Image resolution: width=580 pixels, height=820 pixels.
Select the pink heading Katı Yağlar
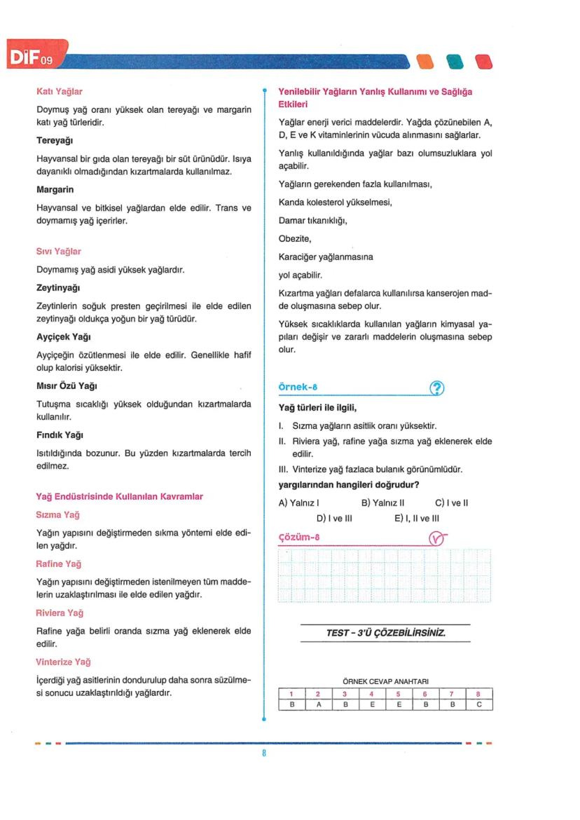click(x=60, y=91)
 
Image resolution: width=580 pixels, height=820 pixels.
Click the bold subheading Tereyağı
click(x=55, y=141)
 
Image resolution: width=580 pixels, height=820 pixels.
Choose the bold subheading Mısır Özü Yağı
click(x=66, y=386)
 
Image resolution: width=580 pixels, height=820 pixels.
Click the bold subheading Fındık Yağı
click(x=58, y=435)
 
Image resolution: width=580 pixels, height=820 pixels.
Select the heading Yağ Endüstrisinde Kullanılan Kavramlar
click(x=119, y=496)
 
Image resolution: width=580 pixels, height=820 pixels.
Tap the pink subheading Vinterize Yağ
click(x=63, y=662)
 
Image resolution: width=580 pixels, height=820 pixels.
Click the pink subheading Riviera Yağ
click(x=60, y=613)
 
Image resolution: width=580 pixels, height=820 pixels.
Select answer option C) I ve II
click(x=451, y=502)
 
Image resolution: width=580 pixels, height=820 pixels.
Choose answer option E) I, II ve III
click(x=417, y=518)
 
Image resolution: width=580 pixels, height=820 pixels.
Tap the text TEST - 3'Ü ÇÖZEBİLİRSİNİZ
click(x=386, y=633)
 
